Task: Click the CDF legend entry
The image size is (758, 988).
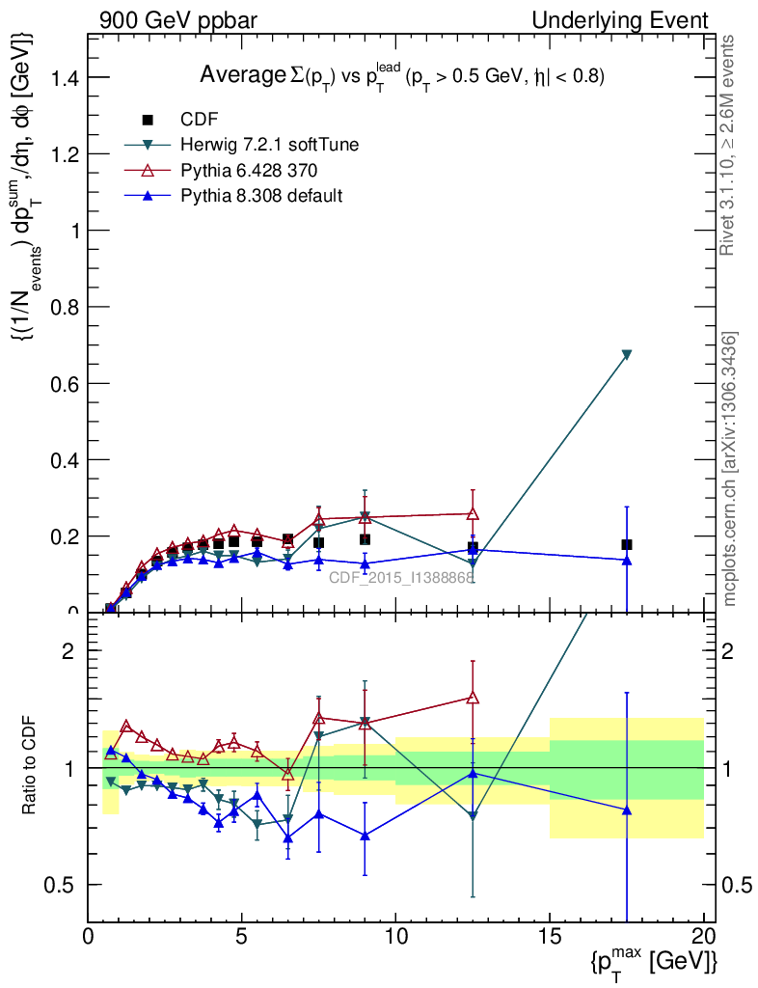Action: tap(199, 120)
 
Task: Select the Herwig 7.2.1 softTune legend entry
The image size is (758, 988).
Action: tap(269, 145)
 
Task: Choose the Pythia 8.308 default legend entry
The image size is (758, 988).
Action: tap(261, 195)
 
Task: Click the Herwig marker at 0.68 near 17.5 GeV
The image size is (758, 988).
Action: tap(627, 355)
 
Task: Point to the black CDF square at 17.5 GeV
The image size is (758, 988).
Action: tap(627, 544)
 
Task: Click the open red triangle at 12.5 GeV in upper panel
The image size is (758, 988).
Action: tap(473, 514)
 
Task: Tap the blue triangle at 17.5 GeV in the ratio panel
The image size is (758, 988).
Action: tap(627, 810)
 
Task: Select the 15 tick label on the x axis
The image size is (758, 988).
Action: tap(550, 935)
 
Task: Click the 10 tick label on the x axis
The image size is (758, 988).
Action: tap(395, 935)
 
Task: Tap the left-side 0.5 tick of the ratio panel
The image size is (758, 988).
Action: tap(63, 885)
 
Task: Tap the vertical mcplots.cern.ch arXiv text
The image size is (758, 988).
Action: tap(731, 469)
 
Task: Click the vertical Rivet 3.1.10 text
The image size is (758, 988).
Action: tap(729, 145)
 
